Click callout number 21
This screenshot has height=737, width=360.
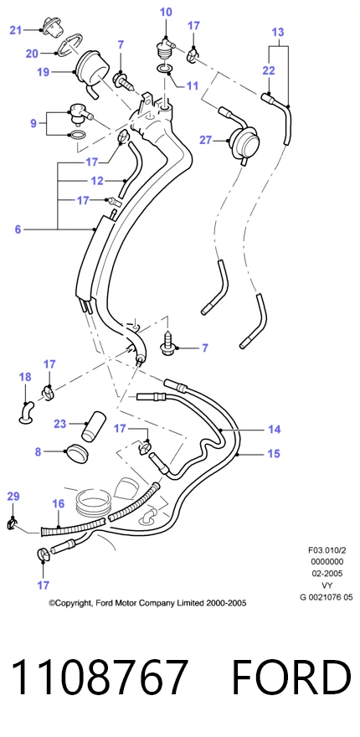click(16, 30)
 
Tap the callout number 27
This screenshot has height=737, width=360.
click(205, 140)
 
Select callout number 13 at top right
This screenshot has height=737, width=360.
click(278, 33)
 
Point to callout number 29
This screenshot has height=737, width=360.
click(13, 496)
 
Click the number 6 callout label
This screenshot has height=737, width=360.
click(18, 229)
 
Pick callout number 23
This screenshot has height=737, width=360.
click(59, 424)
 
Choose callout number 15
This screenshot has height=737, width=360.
click(274, 454)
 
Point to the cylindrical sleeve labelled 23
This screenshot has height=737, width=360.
click(92, 426)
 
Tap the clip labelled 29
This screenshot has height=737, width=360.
click(13, 523)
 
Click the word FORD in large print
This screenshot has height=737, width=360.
click(291, 677)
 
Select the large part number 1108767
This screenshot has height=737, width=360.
click(99, 677)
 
